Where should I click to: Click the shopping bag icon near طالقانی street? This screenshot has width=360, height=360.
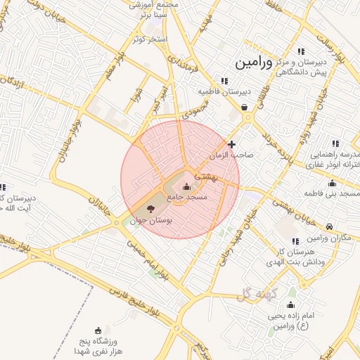click(x=243, y=108)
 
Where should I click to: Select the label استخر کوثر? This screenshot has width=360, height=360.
click(x=148, y=39)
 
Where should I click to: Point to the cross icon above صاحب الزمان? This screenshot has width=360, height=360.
click(x=231, y=144)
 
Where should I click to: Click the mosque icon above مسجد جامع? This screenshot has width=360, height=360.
click(x=186, y=187)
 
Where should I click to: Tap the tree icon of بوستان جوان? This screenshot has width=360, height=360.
click(x=149, y=208)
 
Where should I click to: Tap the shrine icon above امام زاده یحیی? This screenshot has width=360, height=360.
click(x=291, y=305)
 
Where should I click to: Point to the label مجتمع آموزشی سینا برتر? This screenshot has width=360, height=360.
click(x=154, y=8)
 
